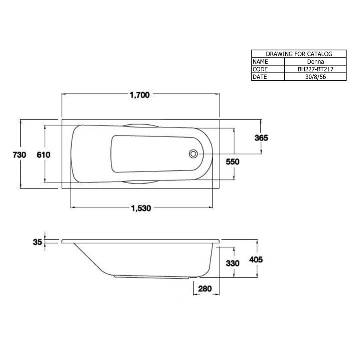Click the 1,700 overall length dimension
click(140, 95)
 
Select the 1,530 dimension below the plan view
click(140, 208)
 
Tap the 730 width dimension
click(20, 155)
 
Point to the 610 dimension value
click(44, 155)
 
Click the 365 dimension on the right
click(261, 138)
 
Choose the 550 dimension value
click(232, 162)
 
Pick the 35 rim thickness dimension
click(38, 242)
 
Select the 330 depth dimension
click(233, 263)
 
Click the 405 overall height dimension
click(256, 260)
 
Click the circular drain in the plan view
click(194, 154)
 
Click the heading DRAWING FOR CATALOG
click(299, 54)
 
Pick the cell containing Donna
click(315, 62)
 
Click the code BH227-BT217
click(315, 69)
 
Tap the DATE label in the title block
click(260, 77)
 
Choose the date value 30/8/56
click(315, 77)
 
